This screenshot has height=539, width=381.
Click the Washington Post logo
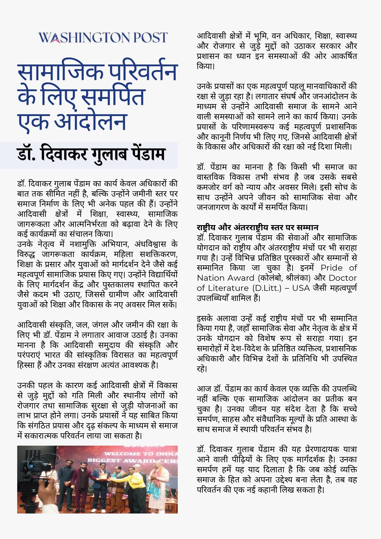pyautogui.click(x=103, y=37)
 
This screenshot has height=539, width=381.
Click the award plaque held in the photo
pyautogui.click(x=104, y=476)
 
